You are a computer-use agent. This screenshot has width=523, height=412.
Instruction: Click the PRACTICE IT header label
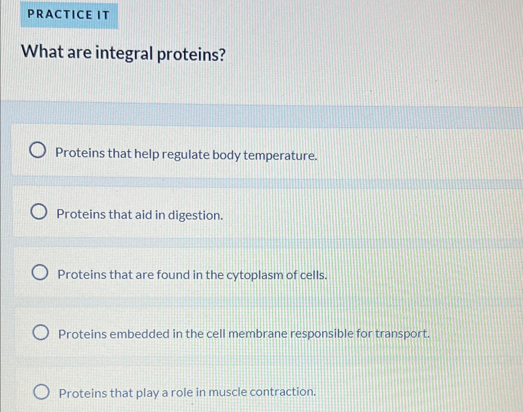[x=69, y=15]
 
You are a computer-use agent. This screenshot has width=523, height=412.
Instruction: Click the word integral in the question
[x=123, y=54]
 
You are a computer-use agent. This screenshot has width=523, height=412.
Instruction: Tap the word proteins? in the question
[x=191, y=55]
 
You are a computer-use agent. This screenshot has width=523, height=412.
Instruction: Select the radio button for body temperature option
[x=37, y=151]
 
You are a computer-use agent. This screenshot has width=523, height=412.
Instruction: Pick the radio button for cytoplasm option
[x=40, y=273]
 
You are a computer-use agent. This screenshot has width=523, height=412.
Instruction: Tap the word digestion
[x=195, y=216]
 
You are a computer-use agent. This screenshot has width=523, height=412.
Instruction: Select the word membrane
[x=258, y=334]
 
